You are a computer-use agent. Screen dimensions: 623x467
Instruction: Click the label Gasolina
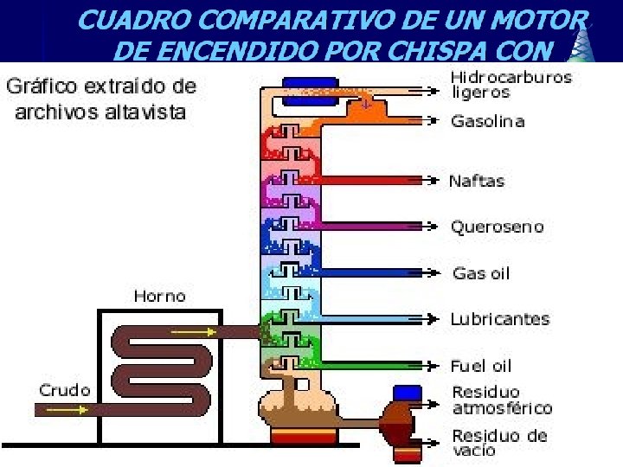coord(487,121)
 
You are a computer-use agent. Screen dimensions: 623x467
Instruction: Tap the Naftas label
coord(476,182)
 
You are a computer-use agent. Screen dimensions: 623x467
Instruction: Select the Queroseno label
coord(497,227)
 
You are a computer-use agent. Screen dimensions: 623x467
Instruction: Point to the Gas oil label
coord(481,273)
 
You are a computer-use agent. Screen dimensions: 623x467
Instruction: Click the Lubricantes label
coord(499,319)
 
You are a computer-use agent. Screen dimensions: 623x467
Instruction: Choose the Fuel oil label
coord(480,366)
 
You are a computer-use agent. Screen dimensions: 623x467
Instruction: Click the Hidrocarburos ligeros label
coord(511,85)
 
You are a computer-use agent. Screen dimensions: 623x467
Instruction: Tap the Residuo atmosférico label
coord(502,400)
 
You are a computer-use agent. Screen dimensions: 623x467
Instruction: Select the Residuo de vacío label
coord(498,442)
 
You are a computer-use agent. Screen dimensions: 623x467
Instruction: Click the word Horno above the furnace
coord(159,296)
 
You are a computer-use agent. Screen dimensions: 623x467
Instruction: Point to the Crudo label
coord(64,390)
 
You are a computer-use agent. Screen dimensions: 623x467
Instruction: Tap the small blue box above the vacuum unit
coord(407,393)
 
